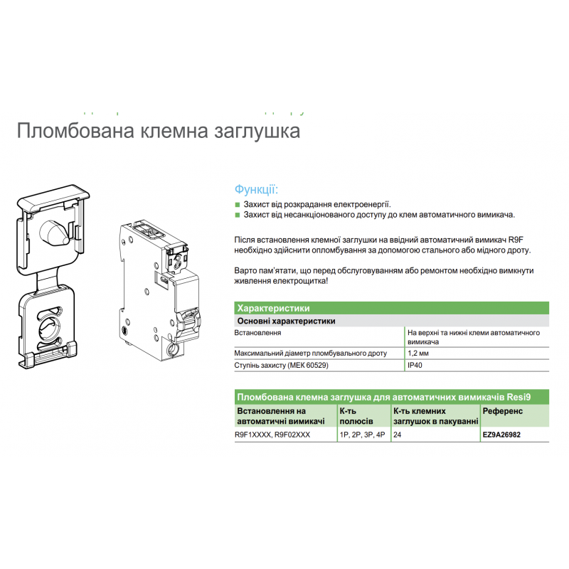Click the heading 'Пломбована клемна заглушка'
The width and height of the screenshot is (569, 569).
pyautogui.click(x=157, y=132)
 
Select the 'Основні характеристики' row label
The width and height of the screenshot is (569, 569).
pyautogui.click(x=285, y=321)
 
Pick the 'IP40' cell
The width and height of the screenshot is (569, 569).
pyautogui.click(x=414, y=365)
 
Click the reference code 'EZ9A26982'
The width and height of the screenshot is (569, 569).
pyautogui.click(x=506, y=434)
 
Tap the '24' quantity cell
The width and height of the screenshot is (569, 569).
pyautogui.click(x=397, y=434)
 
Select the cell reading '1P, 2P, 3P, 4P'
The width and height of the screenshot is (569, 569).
pyautogui.click(x=362, y=434)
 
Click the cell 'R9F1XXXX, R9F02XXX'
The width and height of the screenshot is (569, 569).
pyautogui.click(x=272, y=434)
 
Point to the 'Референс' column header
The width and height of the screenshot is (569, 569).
pyautogui.click(x=502, y=411)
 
